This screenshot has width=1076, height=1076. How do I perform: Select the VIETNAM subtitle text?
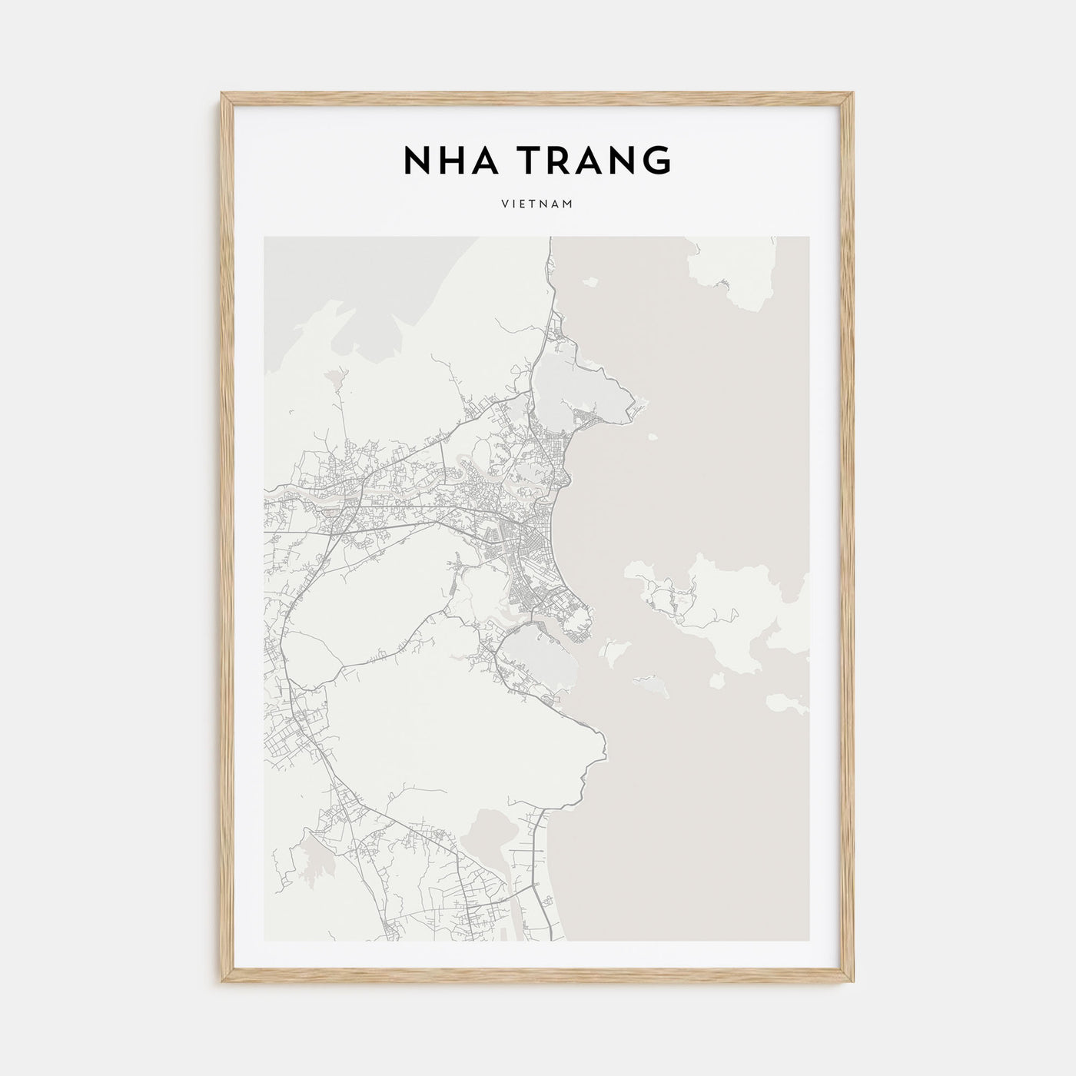(x=537, y=205)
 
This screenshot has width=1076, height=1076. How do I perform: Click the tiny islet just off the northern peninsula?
(x=653, y=437)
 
